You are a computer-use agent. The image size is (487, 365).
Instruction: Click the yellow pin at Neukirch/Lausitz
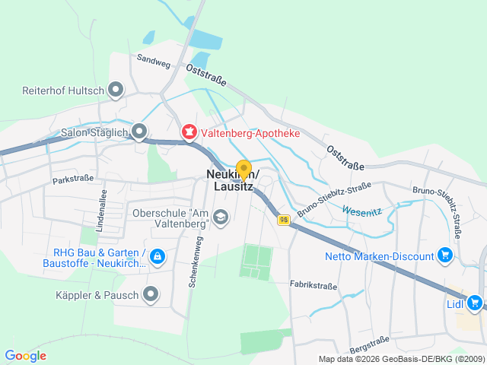243,170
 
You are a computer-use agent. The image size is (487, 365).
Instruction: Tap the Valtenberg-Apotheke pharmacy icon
188,133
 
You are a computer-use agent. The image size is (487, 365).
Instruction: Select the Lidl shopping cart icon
476,303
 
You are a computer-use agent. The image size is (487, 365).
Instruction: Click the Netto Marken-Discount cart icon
446,255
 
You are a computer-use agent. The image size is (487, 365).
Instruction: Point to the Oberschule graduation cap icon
220,217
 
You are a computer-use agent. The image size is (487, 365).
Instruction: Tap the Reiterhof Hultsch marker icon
116,90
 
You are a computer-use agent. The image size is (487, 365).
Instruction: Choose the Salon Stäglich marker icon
138,132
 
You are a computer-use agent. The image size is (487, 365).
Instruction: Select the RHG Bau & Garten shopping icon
158,257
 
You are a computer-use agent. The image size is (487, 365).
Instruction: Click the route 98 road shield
283,219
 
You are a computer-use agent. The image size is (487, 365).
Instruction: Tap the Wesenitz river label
360,210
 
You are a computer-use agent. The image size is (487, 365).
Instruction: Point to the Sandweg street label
153,61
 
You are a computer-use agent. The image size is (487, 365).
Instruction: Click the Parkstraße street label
73,180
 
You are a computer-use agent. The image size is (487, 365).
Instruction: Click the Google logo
25,355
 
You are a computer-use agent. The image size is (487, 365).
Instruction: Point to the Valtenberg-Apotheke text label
250,133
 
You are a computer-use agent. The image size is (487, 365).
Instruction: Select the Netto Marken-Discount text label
379,255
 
